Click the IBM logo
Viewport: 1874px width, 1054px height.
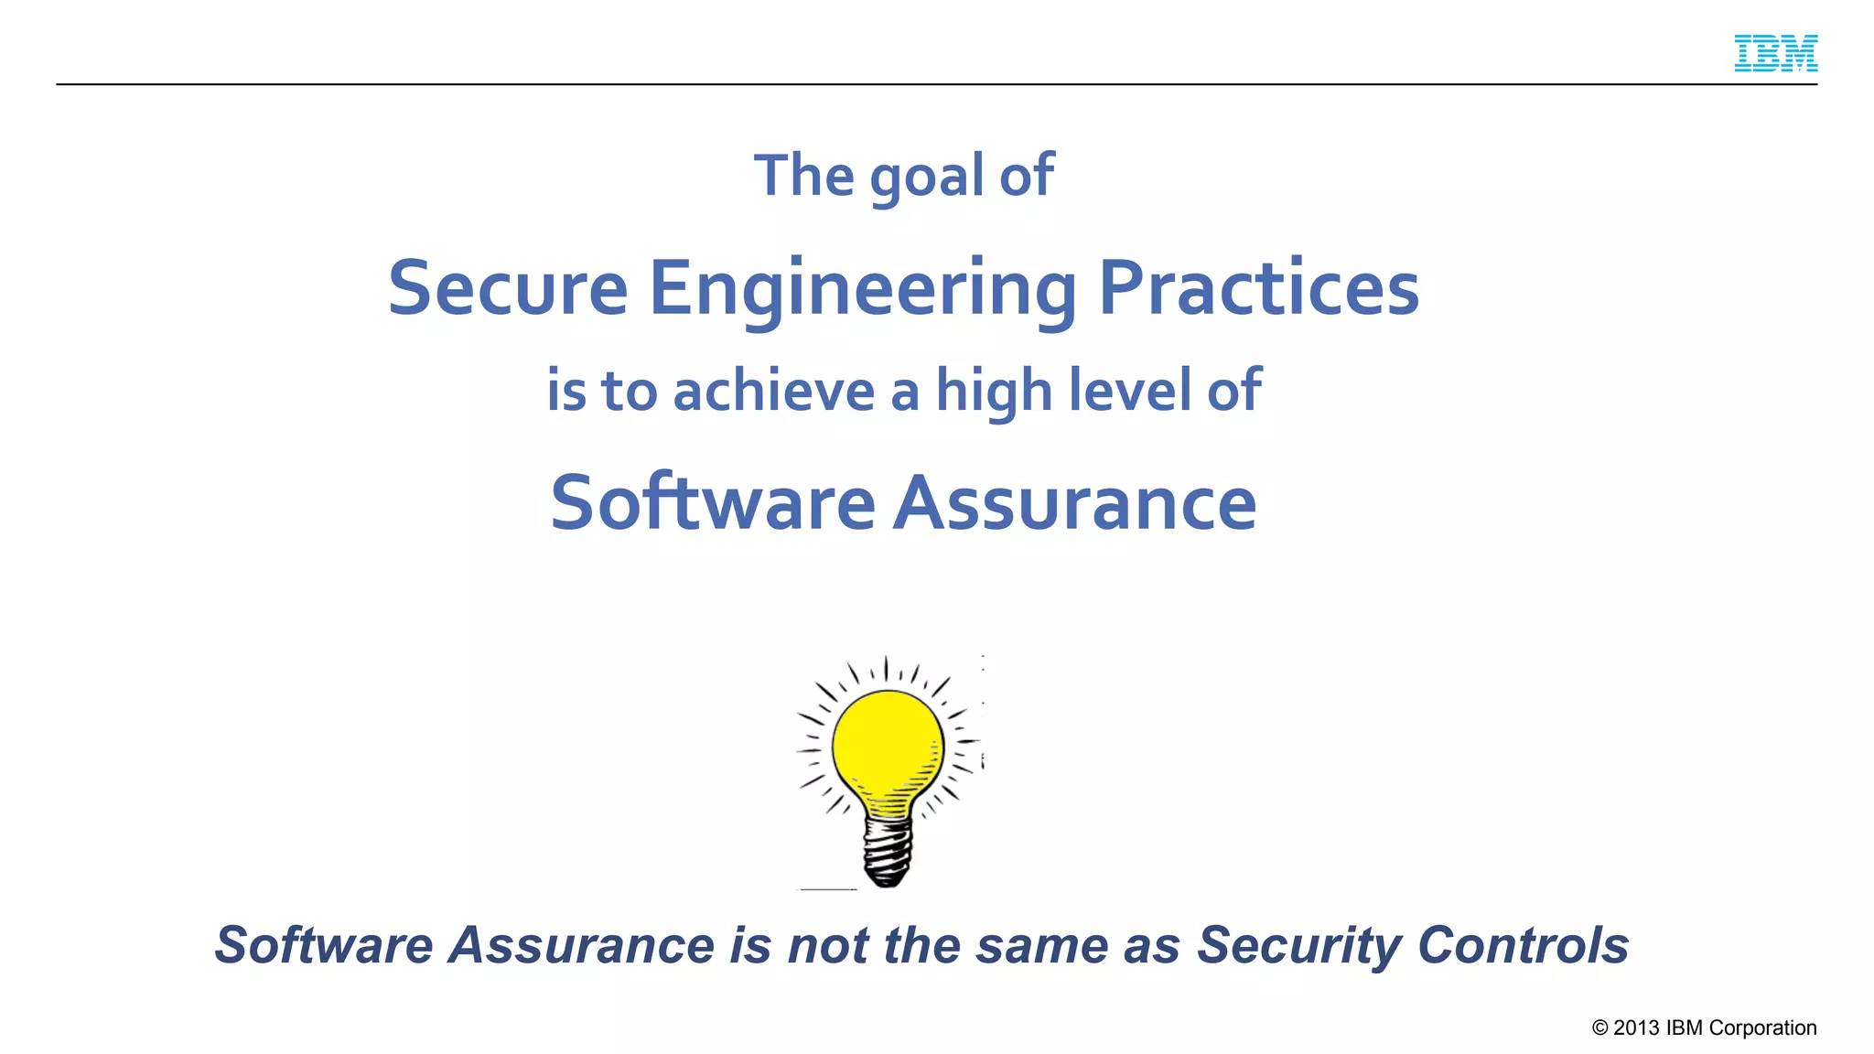click(x=1775, y=53)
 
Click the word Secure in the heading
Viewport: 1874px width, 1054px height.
click(x=508, y=288)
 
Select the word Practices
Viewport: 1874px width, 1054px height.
click(x=1258, y=288)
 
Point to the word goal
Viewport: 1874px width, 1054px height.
click(x=925, y=177)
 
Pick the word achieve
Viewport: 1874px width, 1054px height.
click(x=774, y=391)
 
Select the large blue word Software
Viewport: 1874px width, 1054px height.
click(x=713, y=502)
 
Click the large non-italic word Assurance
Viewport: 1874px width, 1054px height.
click(x=1074, y=503)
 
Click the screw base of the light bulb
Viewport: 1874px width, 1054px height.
click(x=887, y=851)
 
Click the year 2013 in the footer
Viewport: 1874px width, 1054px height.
click(x=1636, y=1027)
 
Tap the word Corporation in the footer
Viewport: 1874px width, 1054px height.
click(x=1762, y=1028)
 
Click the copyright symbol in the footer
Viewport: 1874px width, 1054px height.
click(x=1599, y=1027)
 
